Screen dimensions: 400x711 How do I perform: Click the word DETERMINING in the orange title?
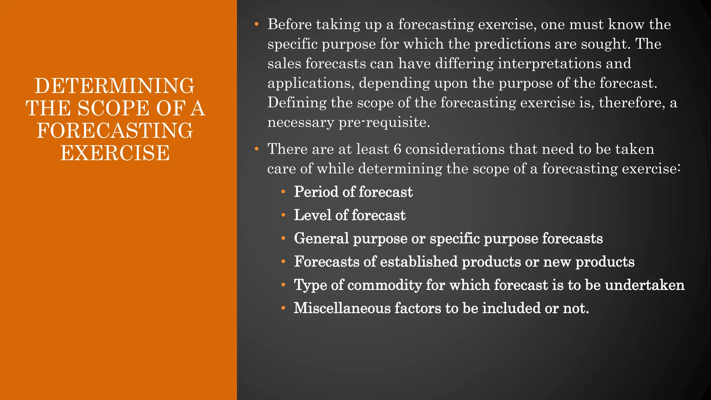pyautogui.click(x=115, y=86)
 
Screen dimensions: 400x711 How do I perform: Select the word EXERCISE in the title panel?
pyautogui.click(x=115, y=153)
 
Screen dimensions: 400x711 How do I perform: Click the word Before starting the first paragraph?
pyautogui.click(x=290, y=25)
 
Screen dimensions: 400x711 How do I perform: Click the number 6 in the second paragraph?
pyautogui.click(x=397, y=149)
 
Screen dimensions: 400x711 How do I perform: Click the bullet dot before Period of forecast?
pyautogui.click(x=283, y=192)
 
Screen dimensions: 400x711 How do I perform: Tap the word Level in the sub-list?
pyautogui.click(x=312, y=215)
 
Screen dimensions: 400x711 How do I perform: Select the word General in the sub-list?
pyautogui.click(x=321, y=239)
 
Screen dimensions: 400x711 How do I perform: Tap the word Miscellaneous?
pyautogui.click(x=342, y=308)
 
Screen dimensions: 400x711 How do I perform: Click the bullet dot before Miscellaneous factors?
pyautogui.click(x=283, y=308)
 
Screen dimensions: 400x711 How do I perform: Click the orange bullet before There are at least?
pyautogui.click(x=257, y=149)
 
